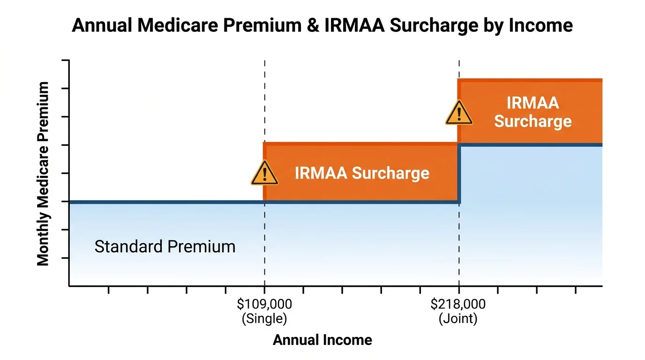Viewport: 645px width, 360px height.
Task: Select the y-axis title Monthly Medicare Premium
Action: [x=43, y=173]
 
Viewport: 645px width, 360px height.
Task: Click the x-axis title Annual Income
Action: [x=322, y=340]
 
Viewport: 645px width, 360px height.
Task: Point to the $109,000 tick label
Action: [x=264, y=304]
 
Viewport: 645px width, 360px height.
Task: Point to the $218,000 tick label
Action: [x=458, y=304]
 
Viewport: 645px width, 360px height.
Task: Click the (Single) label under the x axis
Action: [x=264, y=319]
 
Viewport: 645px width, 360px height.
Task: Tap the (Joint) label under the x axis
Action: [x=458, y=319]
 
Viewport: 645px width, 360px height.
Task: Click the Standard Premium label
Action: [x=165, y=247]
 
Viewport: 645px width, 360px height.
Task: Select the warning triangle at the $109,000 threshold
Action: [x=264, y=173]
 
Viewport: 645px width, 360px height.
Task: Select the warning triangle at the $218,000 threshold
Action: [x=458, y=113]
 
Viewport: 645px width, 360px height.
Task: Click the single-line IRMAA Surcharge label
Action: [x=362, y=173]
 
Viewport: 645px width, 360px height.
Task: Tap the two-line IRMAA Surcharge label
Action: [x=533, y=112]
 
